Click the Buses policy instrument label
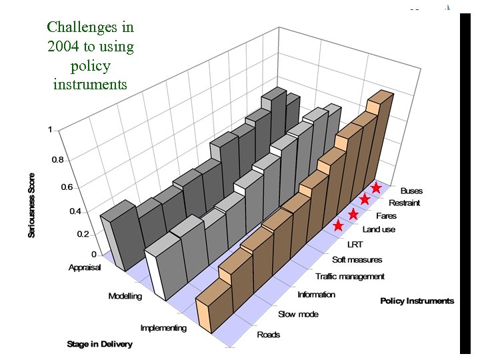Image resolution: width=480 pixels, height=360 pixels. coord(411,191)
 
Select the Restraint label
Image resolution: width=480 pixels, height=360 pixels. coord(404,203)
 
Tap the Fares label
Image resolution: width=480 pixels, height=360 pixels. coord(386,216)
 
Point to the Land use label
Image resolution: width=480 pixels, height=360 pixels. coord(379,229)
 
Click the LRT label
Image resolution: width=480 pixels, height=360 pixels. coord(355,245)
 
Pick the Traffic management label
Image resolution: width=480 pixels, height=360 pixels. coord(350,276)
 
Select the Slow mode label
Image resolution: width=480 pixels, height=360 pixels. coord(298,314)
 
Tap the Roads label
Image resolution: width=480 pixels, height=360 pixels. coord(269,334)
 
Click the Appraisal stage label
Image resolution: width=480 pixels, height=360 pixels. coord(84,267)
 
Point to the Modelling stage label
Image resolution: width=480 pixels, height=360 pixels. coord(125,296)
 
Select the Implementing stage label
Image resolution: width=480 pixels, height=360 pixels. coord(163,328)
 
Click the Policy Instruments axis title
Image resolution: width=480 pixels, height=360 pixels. coord(417,301)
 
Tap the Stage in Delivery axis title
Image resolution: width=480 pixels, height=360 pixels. coord(99,344)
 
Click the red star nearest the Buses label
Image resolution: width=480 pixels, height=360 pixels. coord(376,188)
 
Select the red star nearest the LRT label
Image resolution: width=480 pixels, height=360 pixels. coord(338,225)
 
